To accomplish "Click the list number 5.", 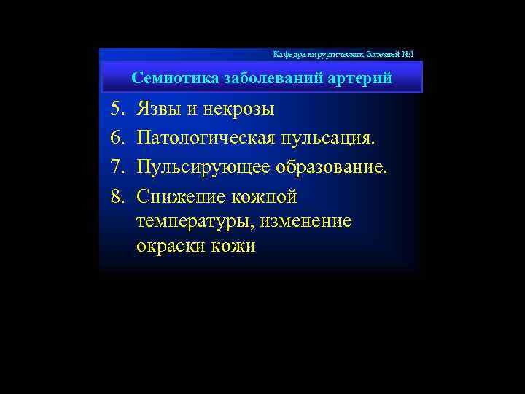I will [x=117, y=109].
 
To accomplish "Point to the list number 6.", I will [x=117, y=137].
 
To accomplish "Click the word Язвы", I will [x=160, y=109].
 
